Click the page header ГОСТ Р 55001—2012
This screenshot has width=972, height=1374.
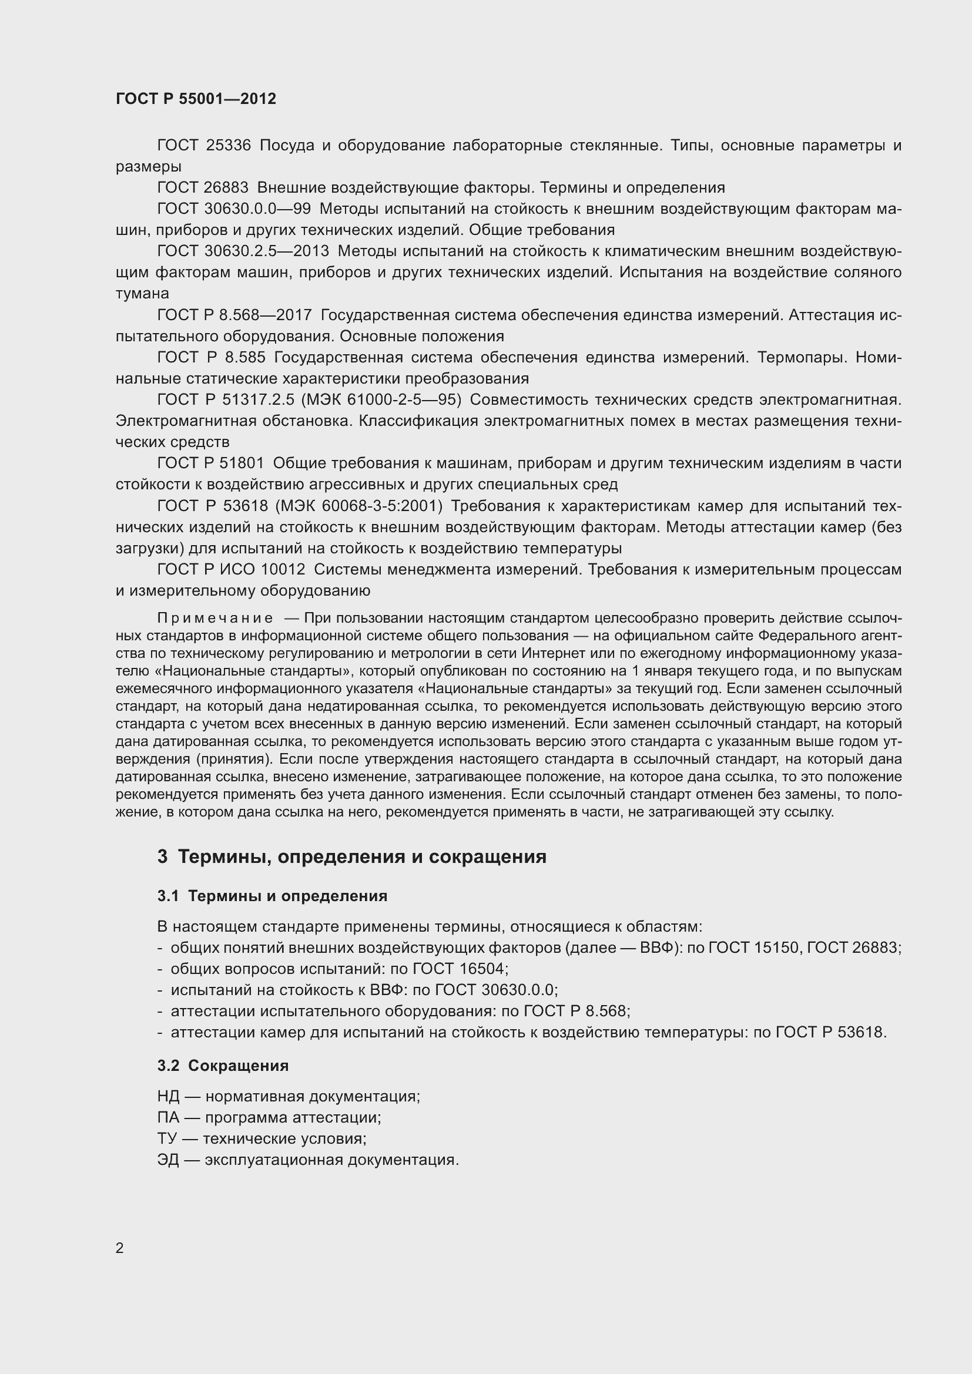[196, 99]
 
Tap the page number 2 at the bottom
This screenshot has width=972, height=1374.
[120, 1248]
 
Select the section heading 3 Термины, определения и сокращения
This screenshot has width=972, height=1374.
[352, 856]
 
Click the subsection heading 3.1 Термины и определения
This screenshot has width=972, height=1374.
[272, 896]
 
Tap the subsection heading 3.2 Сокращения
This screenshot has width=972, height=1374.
[223, 1065]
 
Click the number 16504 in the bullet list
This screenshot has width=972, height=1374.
[482, 969]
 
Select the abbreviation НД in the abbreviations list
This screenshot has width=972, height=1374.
[168, 1096]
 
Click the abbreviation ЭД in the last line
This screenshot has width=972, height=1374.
[168, 1160]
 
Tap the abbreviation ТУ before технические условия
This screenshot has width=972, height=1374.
[167, 1139]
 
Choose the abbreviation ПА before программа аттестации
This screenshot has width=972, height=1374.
[168, 1117]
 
